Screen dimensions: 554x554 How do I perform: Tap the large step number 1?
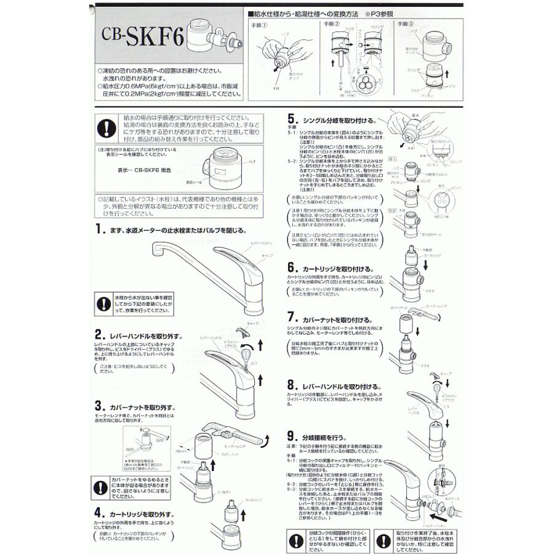point(99,230)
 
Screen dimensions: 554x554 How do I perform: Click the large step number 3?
point(98,406)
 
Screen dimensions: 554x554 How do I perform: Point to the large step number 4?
point(99,512)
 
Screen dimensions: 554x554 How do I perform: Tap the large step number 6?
point(290,268)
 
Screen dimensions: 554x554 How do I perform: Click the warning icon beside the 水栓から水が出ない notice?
point(104,303)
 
